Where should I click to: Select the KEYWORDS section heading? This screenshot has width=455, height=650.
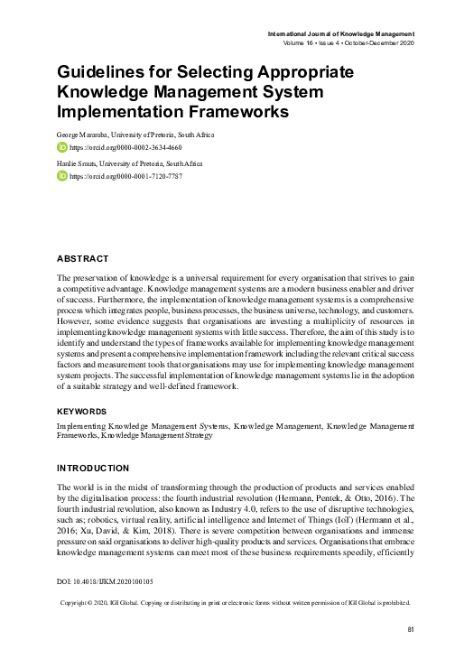(82, 410)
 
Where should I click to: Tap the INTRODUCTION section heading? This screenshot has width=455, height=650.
(93, 469)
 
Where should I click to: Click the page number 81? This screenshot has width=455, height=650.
(412, 628)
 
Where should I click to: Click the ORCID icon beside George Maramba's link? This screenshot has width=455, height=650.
(61, 146)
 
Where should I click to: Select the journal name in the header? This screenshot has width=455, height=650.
(341, 32)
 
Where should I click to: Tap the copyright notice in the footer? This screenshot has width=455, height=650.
(235, 602)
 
